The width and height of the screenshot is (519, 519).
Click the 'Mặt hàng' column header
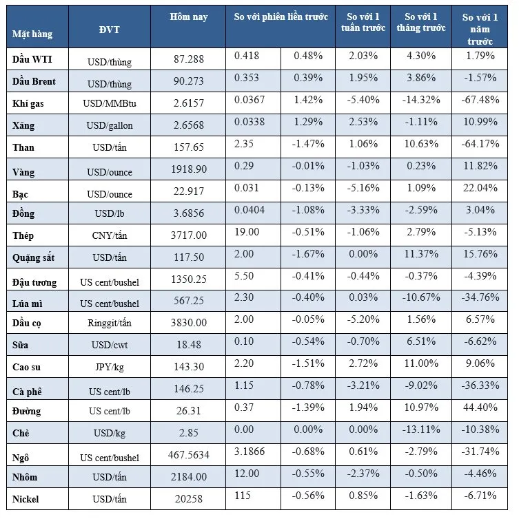click(32, 33)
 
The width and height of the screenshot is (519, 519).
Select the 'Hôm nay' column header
click(188, 17)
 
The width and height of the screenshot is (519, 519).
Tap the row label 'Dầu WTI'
click(30, 59)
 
